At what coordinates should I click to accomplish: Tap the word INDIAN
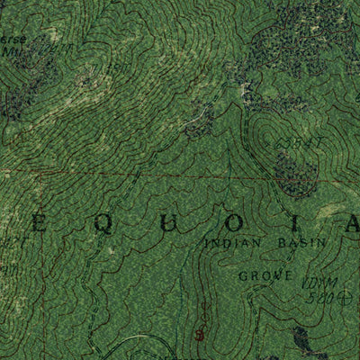point(230,244)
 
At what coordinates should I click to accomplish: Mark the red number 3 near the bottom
point(200,335)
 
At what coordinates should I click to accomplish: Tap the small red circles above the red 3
point(203,315)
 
